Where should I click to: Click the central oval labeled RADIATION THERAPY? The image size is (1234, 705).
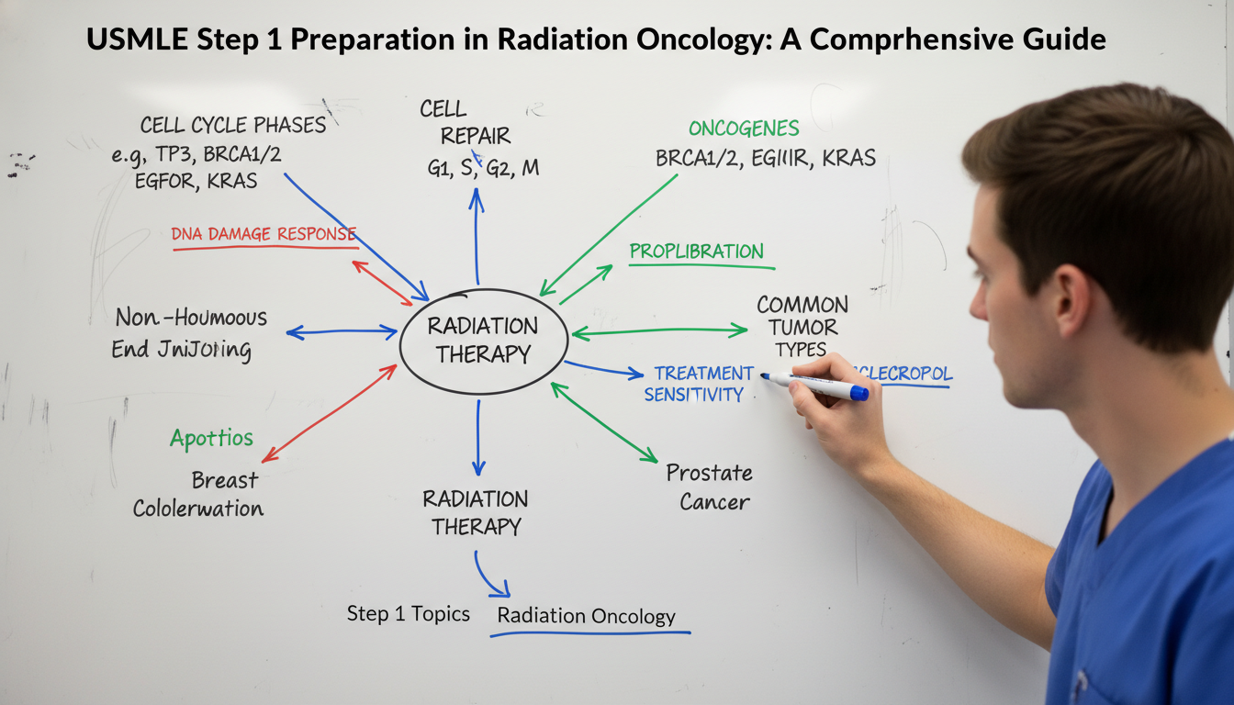(x=484, y=341)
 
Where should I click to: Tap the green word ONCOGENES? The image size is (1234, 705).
(x=744, y=129)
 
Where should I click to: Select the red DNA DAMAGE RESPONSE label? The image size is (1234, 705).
(x=264, y=234)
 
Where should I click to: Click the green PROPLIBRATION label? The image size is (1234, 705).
(x=696, y=252)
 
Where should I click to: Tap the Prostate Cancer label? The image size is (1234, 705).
(x=709, y=487)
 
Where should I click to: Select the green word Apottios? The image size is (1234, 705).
(x=211, y=438)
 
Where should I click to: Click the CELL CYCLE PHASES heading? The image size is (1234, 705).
(x=232, y=125)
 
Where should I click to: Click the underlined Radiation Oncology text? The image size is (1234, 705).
(x=586, y=617)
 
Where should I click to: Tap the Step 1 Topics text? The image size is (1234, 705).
(x=409, y=613)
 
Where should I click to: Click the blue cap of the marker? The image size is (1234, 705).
(x=858, y=393)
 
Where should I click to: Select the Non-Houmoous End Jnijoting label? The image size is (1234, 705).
(x=190, y=333)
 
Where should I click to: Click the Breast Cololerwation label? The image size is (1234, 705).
(x=198, y=494)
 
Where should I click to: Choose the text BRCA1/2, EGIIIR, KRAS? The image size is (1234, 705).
(x=766, y=158)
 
